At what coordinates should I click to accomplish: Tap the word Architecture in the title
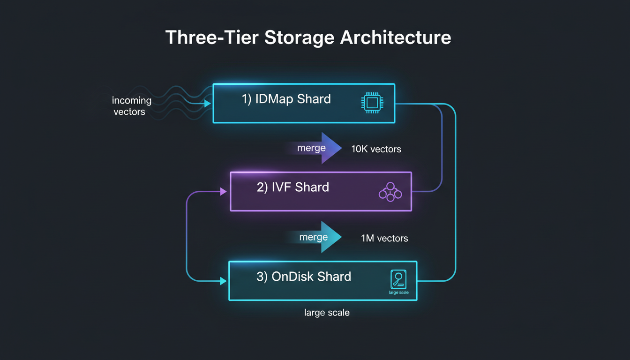396,37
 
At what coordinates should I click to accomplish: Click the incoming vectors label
131,106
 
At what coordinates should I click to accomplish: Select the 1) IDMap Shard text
286,99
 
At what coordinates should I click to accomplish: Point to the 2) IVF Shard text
292,187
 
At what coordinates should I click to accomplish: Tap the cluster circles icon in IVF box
390,193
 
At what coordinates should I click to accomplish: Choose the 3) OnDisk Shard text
303,277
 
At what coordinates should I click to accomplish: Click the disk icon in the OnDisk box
398,279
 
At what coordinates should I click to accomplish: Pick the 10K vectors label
376,150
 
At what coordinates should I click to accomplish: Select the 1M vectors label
384,239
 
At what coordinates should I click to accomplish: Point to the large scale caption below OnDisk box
327,313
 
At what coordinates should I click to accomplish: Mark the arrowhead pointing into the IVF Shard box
223,191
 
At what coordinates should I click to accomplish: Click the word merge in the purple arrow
311,148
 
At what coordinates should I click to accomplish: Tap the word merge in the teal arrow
313,237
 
